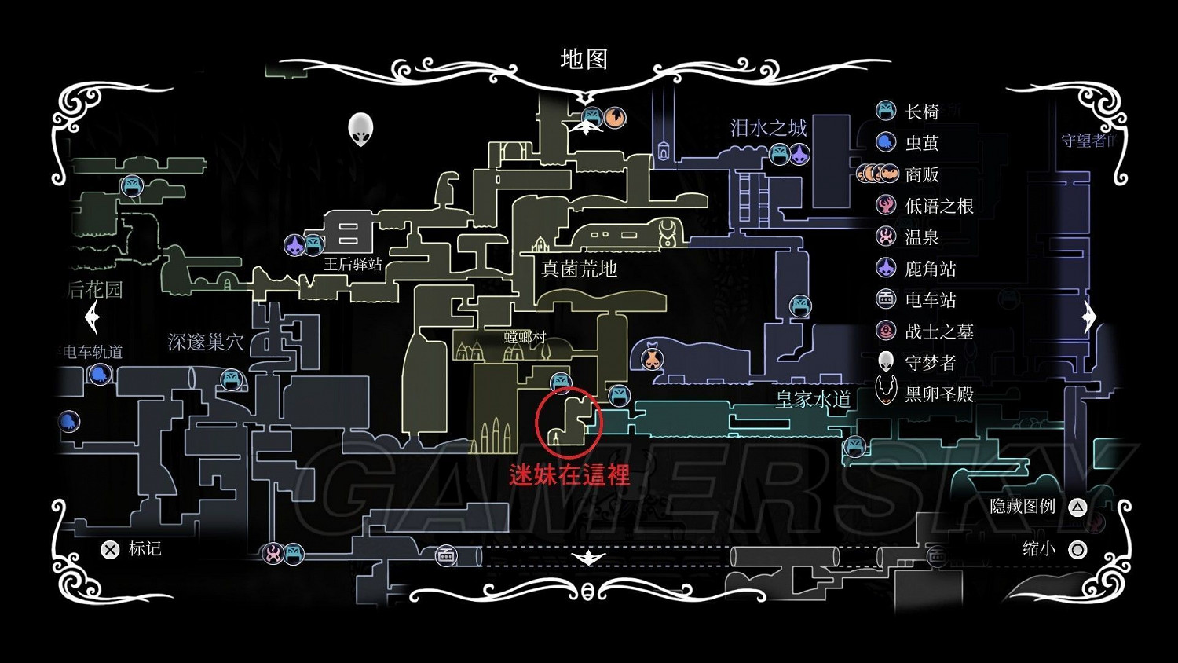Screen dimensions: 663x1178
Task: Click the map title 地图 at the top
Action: pos(584,60)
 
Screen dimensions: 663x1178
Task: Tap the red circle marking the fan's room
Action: pos(568,422)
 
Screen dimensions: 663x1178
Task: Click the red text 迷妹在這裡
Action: pos(569,475)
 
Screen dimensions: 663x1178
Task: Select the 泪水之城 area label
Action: pos(768,128)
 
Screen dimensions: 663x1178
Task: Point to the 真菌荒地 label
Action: pos(580,269)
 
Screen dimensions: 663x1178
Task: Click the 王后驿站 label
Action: pos(353,264)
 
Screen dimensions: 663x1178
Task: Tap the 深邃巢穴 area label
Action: pos(206,342)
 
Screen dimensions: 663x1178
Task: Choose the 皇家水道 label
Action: pos(813,400)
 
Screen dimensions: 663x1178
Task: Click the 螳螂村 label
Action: pos(525,337)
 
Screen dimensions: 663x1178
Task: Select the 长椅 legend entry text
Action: pos(922,112)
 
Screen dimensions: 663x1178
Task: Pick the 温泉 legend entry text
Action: pos(922,237)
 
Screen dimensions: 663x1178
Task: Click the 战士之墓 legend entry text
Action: pos(939,331)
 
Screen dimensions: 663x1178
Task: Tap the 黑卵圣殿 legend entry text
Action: pos(939,394)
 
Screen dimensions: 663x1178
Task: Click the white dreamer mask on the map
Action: pos(360,130)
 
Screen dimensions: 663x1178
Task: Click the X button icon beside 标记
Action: pos(110,549)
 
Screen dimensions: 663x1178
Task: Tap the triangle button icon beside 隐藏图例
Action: pos(1077,507)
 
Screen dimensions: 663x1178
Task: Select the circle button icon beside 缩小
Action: pos(1077,549)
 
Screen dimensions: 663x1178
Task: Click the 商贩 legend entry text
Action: pos(922,174)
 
